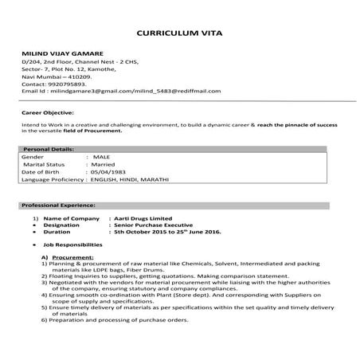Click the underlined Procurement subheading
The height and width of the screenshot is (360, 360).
(x=72, y=258)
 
